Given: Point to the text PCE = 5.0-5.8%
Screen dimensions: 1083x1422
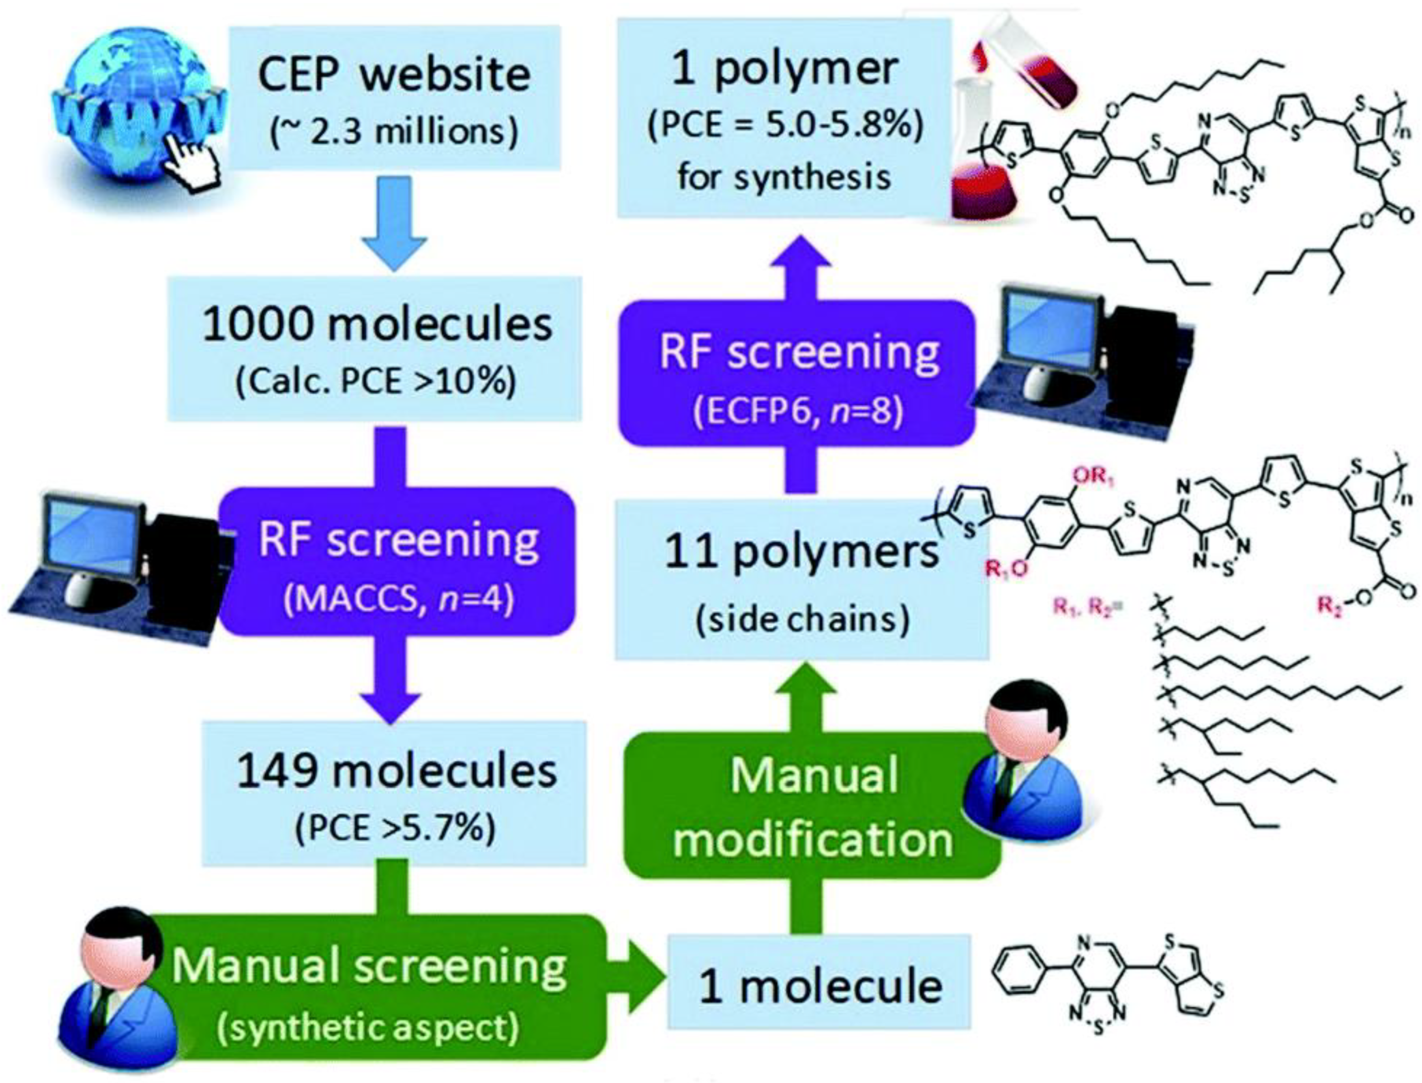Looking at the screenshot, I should point(784,126).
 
